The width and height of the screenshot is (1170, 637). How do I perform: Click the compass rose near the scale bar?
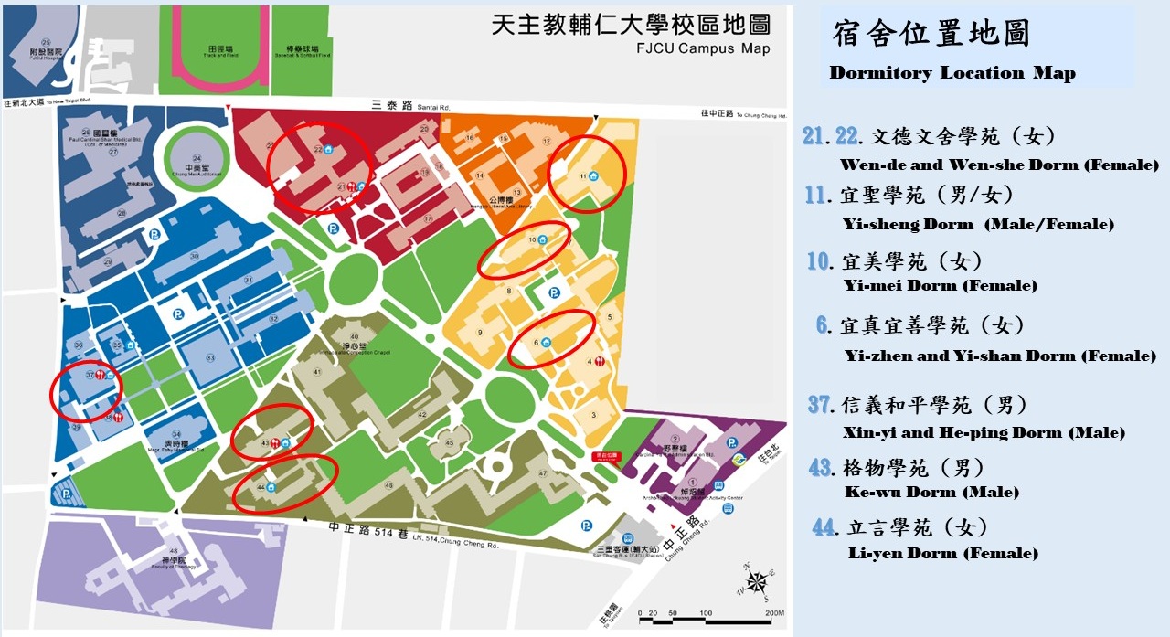click(x=757, y=583)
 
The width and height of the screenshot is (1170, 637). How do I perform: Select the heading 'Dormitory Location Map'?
click(x=952, y=73)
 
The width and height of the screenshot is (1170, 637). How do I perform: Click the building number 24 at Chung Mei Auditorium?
click(x=192, y=156)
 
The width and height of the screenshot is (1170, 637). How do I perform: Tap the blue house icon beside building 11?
click(x=594, y=175)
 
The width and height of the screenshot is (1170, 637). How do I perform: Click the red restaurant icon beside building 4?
click(x=600, y=361)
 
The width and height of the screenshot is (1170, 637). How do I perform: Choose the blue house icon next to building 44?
click(x=271, y=486)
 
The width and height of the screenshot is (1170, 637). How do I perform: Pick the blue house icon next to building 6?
click(x=546, y=343)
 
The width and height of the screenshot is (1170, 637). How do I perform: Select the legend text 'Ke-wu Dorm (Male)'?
click(x=932, y=492)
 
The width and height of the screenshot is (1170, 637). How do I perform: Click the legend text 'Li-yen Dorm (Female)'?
click(x=942, y=553)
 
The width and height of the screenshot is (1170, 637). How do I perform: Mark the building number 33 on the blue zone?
click(x=209, y=357)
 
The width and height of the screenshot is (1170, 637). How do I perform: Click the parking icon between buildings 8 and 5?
click(x=553, y=293)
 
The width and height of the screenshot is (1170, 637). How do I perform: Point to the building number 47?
click(x=542, y=473)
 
